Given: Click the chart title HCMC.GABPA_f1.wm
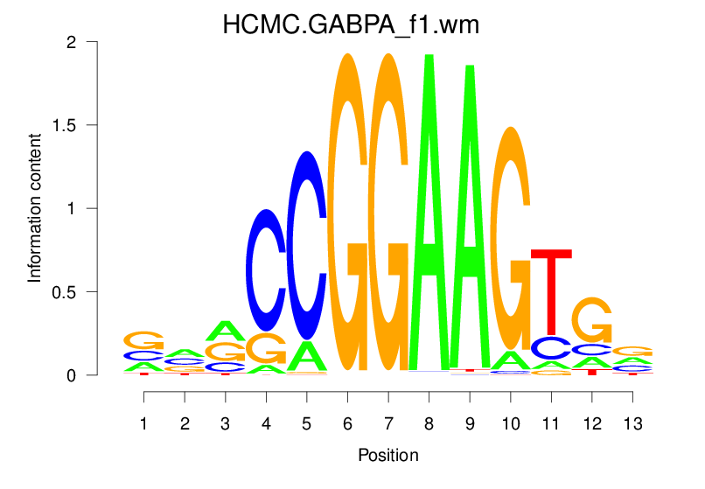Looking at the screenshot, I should (x=351, y=24).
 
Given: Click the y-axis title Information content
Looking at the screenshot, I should (x=35, y=208).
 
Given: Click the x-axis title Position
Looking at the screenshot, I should (x=387, y=456).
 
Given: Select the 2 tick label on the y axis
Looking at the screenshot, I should (x=116, y=42).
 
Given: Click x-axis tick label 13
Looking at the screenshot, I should (x=632, y=424).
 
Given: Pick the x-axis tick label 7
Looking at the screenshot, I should (x=387, y=424).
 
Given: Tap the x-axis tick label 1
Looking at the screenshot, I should (x=144, y=424).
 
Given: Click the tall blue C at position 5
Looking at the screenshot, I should (x=306, y=245).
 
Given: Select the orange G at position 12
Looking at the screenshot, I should (x=591, y=320).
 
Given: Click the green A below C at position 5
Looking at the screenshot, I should (x=306, y=355).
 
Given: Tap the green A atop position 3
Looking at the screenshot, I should (x=226, y=331).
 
